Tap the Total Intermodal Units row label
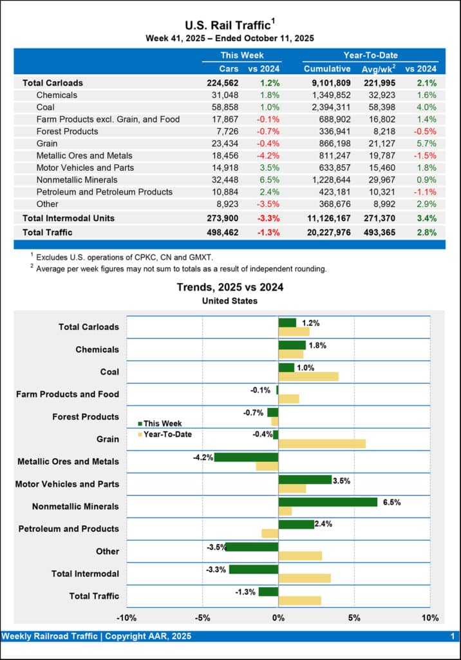coord(68,218)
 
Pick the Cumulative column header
coord(327,69)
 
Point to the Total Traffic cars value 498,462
coord(223,232)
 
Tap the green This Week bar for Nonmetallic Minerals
coord(328,502)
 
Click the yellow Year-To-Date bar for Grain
coord(322,443)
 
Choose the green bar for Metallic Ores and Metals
coord(246,457)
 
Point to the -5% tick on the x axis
coord(202,618)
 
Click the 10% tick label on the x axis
coord(429,618)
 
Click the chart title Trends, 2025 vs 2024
coord(230,287)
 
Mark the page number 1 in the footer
coord(452,636)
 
